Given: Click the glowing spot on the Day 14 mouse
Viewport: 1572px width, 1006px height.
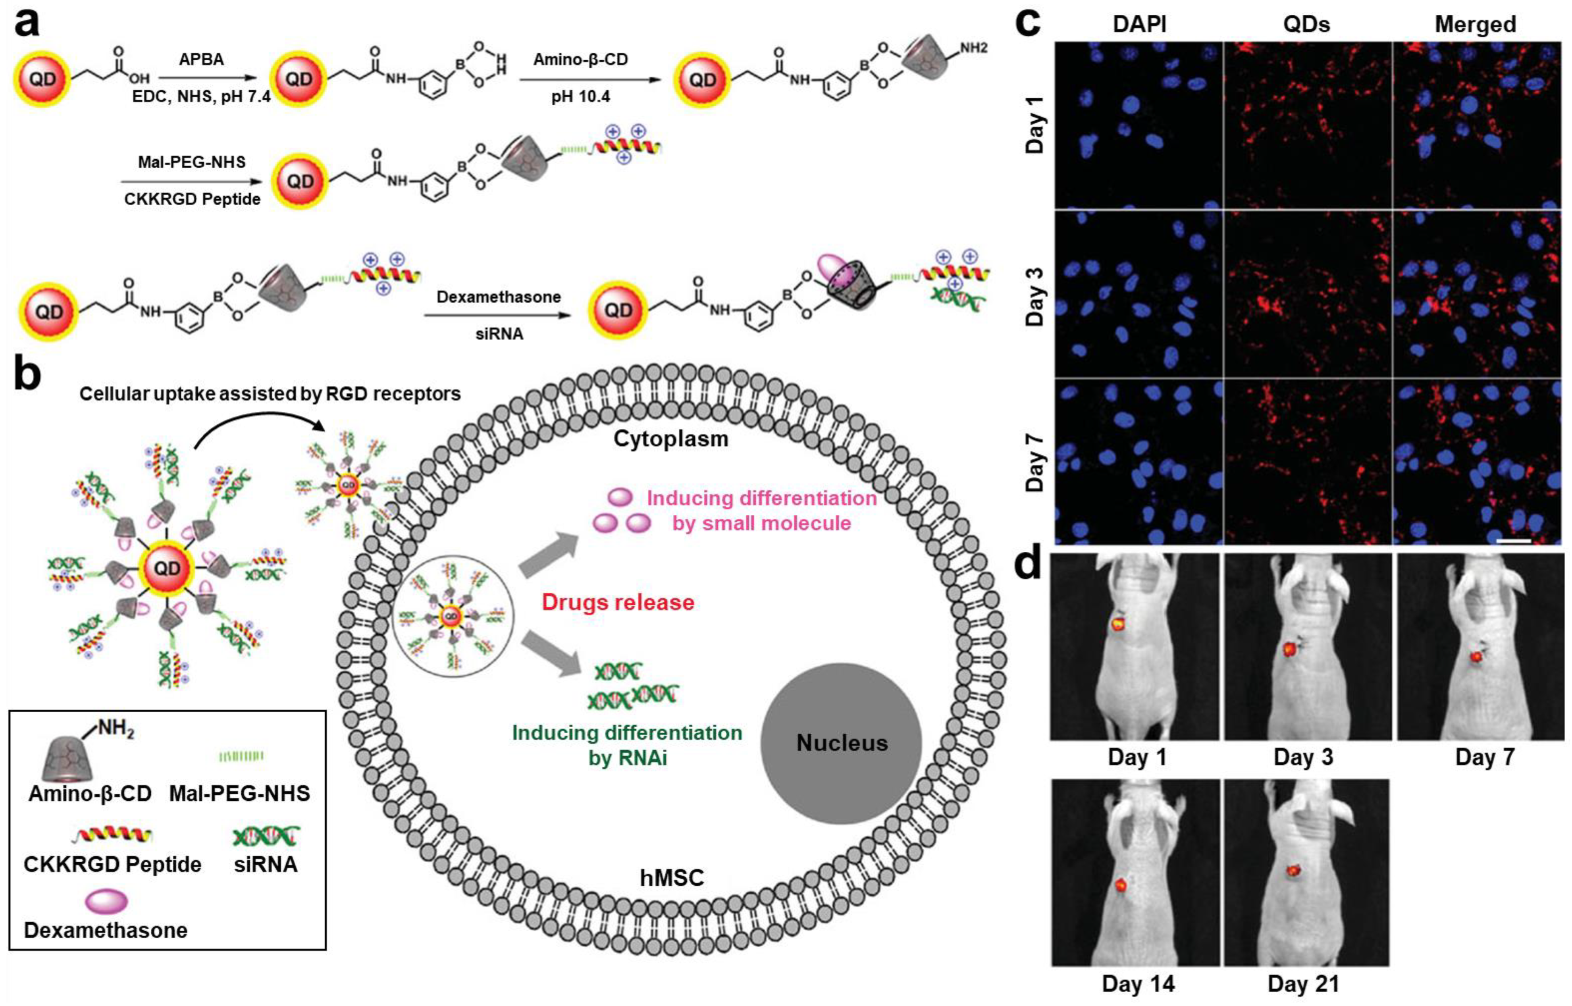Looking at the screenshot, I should coord(1121,886).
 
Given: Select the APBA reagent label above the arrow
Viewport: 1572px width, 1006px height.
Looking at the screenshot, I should coord(201,60).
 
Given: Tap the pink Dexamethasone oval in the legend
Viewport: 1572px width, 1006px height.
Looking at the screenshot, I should coord(106,902).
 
